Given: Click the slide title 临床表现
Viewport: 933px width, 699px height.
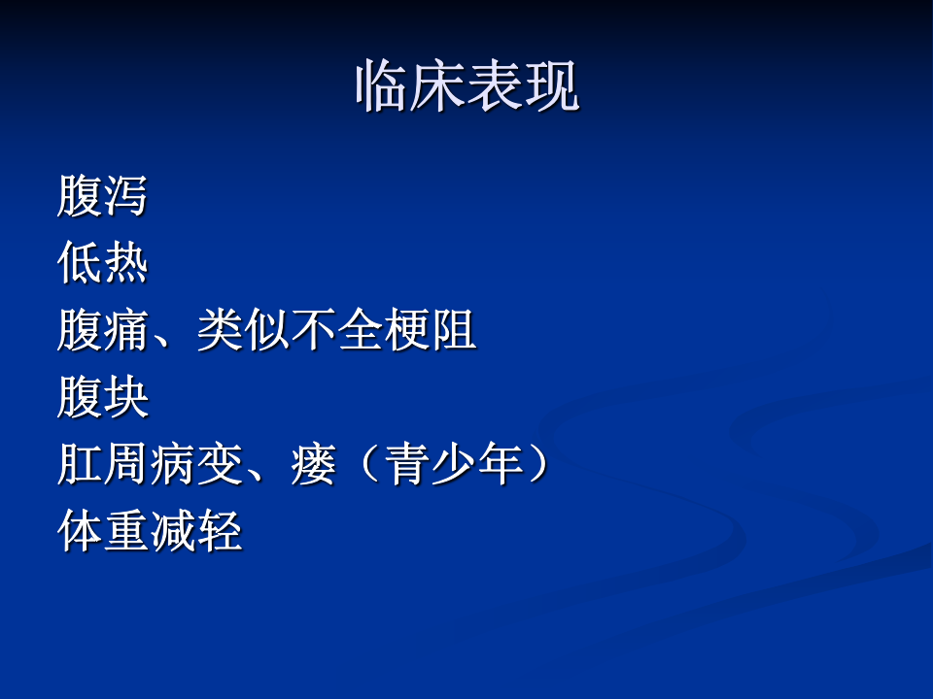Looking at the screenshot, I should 466,88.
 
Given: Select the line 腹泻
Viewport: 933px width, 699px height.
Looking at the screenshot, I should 102,196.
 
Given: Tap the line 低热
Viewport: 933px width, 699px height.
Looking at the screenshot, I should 102,263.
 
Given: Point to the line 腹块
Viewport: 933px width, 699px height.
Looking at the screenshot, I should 102,398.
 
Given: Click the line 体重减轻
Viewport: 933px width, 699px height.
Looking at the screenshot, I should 150,532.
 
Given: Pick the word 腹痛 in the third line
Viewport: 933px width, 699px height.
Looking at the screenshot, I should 102,331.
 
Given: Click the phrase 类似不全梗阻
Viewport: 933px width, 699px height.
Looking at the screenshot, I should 336,331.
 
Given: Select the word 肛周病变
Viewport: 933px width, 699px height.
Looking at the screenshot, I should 150,465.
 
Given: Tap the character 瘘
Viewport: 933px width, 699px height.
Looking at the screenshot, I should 313,465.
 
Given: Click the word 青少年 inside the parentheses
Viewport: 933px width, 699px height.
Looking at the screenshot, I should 454,465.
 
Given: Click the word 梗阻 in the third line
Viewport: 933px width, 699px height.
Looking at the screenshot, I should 430,331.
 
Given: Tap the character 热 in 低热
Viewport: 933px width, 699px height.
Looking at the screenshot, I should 125,263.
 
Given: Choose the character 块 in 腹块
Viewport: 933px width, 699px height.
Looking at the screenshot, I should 125,398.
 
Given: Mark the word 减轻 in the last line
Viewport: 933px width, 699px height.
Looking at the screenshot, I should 196,532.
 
